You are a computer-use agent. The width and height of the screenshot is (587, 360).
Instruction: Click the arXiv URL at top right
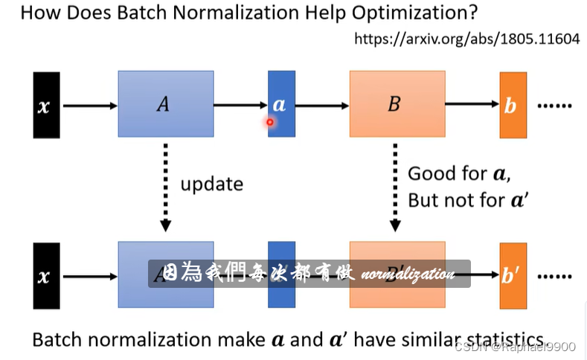click(466, 39)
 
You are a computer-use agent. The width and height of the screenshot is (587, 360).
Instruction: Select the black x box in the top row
click(46, 105)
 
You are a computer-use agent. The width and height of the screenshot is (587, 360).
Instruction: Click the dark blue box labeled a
click(280, 104)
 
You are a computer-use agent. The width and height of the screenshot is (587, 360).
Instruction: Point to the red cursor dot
click(270, 123)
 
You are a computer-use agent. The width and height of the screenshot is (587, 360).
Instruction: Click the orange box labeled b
click(512, 106)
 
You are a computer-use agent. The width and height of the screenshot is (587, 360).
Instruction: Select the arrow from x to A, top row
click(89, 106)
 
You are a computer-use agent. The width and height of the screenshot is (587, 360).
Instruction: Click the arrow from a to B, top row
click(322, 106)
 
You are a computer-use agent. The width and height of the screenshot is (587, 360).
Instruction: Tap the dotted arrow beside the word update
click(166, 187)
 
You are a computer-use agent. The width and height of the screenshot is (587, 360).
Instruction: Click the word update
click(211, 183)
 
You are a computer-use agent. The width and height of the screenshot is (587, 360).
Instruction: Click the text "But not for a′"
click(461, 201)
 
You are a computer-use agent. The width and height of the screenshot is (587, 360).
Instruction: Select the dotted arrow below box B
click(396, 187)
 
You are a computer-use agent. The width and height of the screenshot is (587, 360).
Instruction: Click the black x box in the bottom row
click(46, 276)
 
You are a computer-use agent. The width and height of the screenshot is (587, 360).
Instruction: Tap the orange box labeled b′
click(512, 276)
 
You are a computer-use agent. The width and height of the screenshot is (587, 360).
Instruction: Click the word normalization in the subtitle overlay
click(407, 274)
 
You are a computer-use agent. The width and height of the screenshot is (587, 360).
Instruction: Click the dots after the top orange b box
click(551, 106)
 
